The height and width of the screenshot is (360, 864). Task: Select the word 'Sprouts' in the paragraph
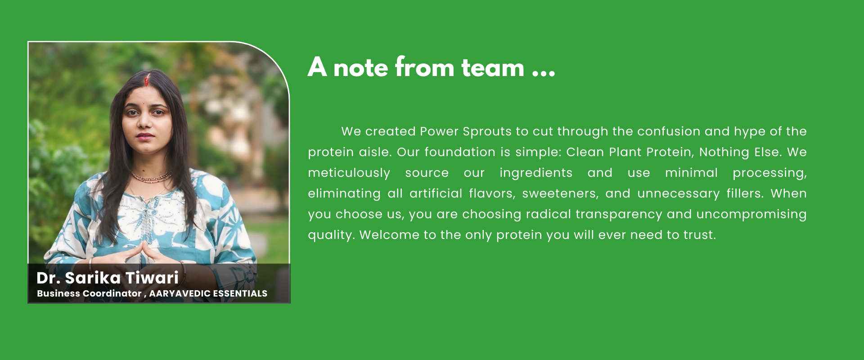click(487, 132)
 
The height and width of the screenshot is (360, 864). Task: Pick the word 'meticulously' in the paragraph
click(349, 173)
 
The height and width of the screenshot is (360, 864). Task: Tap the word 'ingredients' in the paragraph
click(536, 173)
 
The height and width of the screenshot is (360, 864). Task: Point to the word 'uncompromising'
click(751, 215)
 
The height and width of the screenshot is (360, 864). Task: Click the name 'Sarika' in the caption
click(93, 278)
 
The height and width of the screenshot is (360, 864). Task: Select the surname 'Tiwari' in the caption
click(152, 278)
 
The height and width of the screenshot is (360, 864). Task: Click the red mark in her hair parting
click(146, 81)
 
